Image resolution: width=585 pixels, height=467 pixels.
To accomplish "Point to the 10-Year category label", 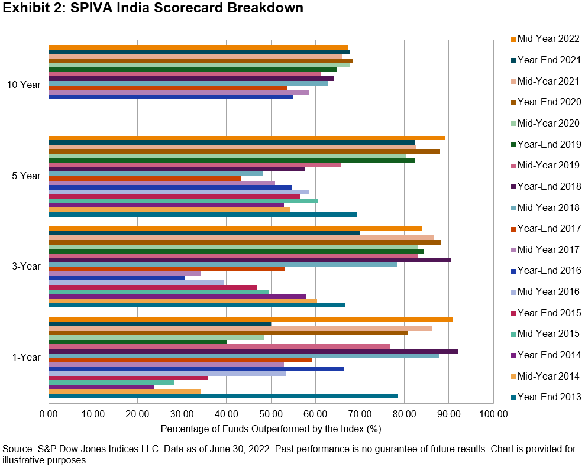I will [x=24, y=85].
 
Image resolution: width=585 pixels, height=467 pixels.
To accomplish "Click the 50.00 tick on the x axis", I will [x=270, y=414].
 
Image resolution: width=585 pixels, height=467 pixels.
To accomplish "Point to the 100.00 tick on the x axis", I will [x=493, y=414].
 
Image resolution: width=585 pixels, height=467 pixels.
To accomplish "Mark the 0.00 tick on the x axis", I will [x=49, y=414].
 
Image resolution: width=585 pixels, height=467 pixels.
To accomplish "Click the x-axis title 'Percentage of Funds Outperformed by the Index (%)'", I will [x=270, y=428].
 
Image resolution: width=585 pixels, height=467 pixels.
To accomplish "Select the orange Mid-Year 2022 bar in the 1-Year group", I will [x=251, y=319].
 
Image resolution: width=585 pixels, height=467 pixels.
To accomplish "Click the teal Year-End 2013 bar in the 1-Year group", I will [x=223, y=396].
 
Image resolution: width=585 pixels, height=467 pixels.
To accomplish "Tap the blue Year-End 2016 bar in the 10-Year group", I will [x=170, y=96].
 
